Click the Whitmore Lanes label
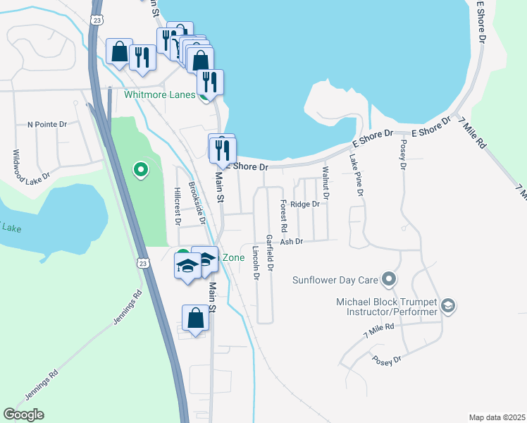pos(160,94)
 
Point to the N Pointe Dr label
pos(46,125)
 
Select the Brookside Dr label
pos(197,204)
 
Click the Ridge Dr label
pos(305,204)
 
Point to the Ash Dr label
pos(291,241)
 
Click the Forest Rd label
pos(283,216)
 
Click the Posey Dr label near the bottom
pos(387,360)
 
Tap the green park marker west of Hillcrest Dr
pos(141,169)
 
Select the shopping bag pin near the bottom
pos(195,318)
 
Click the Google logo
pos(23,415)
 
